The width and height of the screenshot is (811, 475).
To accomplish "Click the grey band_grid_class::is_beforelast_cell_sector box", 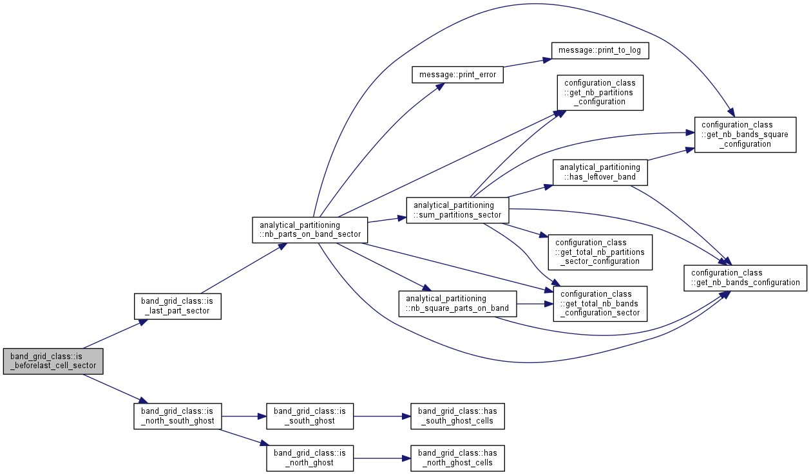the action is click(x=53, y=361).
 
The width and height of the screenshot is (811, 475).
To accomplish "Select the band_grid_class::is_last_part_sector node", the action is click(x=177, y=306).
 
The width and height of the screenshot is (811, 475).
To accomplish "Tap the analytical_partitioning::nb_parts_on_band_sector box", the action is click(x=310, y=230).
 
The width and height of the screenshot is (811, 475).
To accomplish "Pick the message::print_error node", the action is click(x=457, y=75).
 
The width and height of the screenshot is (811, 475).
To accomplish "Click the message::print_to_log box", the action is click(x=600, y=50).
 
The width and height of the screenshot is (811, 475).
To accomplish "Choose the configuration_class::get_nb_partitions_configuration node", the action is click(x=600, y=93).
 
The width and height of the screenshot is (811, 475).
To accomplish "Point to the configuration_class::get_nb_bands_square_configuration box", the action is click(x=745, y=135).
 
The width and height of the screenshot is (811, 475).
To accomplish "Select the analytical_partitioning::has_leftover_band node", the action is click(x=600, y=172).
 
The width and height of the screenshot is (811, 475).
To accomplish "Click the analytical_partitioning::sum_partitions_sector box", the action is click(x=457, y=210).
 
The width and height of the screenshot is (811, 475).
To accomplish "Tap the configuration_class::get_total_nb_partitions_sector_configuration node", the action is click(x=600, y=252).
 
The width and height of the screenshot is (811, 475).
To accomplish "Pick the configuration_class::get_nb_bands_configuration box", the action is click(x=745, y=278).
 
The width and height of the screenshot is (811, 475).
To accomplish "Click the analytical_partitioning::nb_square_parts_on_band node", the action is click(x=457, y=304).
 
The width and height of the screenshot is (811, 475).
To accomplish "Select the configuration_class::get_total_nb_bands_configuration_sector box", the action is click(x=600, y=304).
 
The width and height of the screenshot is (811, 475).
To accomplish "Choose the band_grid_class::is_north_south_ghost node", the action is click(x=177, y=416).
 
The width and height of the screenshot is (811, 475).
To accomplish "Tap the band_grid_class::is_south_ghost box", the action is click(x=310, y=416).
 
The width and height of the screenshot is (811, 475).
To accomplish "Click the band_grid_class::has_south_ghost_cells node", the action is click(x=457, y=416).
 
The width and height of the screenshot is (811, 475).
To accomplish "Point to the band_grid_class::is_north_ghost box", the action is click(x=310, y=458).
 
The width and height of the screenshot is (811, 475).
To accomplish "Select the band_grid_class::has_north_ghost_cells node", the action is click(x=457, y=458).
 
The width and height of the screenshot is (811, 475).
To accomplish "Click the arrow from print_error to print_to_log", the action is click(x=528, y=62).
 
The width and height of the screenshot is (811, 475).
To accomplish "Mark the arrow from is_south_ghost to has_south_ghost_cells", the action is click(x=382, y=416).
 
